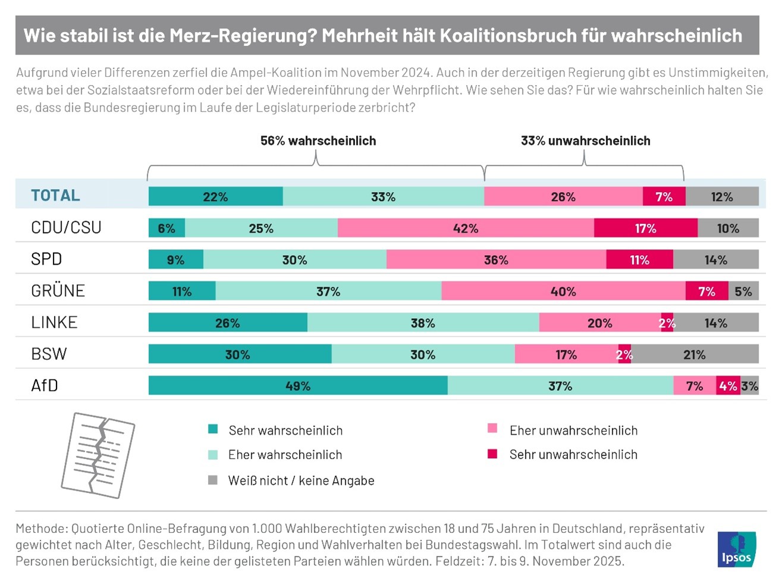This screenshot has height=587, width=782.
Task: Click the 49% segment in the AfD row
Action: tap(298, 385)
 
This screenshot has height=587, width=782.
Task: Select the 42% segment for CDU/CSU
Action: tap(466, 228)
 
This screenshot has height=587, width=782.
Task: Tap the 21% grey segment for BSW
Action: tap(695, 354)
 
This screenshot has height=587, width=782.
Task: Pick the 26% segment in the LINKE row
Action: tap(228, 323)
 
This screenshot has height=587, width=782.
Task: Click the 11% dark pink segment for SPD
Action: tap(640, 260)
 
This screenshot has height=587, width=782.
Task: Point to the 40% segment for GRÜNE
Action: tap(563, 291)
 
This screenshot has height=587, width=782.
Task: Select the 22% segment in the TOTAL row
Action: tap(215, 196)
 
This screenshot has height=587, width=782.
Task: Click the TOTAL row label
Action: tap(55, 196)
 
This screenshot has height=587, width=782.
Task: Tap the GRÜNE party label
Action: tap(58, 291)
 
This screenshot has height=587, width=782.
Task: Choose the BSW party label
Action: tap(49, 354)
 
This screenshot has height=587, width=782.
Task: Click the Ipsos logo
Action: tap(737, 549)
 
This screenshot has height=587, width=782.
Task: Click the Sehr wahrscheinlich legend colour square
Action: tap(213, 429)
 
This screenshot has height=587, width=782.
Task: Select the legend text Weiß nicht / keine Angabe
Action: tap(301, 481)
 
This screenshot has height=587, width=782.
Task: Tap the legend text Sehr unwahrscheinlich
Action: tap(573, 454)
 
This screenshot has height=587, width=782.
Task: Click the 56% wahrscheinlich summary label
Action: tap(318, 141)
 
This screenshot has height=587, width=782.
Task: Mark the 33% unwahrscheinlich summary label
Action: tap(585, 141)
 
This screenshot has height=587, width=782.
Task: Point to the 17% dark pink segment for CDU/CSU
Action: tap(646, 228)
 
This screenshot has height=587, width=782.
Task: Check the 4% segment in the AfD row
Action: tap(728, 385)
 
